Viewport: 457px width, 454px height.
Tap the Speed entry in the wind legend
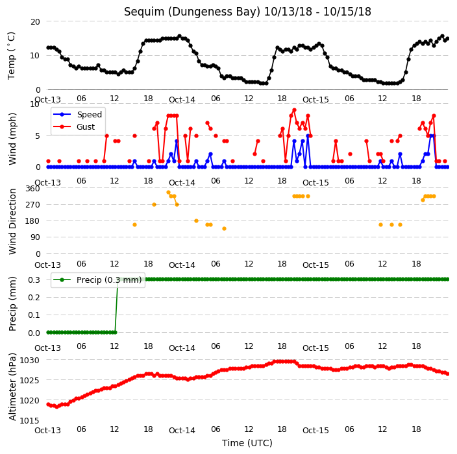click(89, 114)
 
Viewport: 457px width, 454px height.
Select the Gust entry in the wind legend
click(86, 126)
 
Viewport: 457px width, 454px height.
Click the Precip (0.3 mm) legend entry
click(109, 280)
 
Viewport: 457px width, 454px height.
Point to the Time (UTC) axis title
click(247, 443)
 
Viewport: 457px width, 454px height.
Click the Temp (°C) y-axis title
click(12, 56)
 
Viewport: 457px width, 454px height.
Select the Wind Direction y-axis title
click(12, 221)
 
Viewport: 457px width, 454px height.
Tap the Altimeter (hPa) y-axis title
click(12, 387)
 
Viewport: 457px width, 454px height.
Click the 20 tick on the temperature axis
click(35, 21)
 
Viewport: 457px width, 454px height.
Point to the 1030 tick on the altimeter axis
click(29, 361)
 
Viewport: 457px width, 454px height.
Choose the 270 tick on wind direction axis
click(32, 205)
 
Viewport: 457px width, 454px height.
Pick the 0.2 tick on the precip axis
click(34, 297)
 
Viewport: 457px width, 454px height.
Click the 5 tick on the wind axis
click(38, 136)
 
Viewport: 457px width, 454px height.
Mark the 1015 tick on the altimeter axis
click(29, 420)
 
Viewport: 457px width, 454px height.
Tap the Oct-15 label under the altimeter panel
click(315, 431)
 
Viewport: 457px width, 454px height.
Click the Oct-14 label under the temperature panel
click(182, 100)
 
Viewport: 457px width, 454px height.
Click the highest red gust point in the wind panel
click(294, 110)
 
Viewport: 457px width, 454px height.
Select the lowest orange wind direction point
click(224, 228)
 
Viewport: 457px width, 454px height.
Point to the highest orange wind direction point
click(168, 193)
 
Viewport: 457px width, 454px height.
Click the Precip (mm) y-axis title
click(12, 304)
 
